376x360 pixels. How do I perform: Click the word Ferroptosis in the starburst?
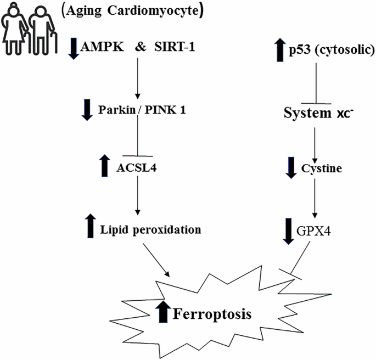(212, 314)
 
